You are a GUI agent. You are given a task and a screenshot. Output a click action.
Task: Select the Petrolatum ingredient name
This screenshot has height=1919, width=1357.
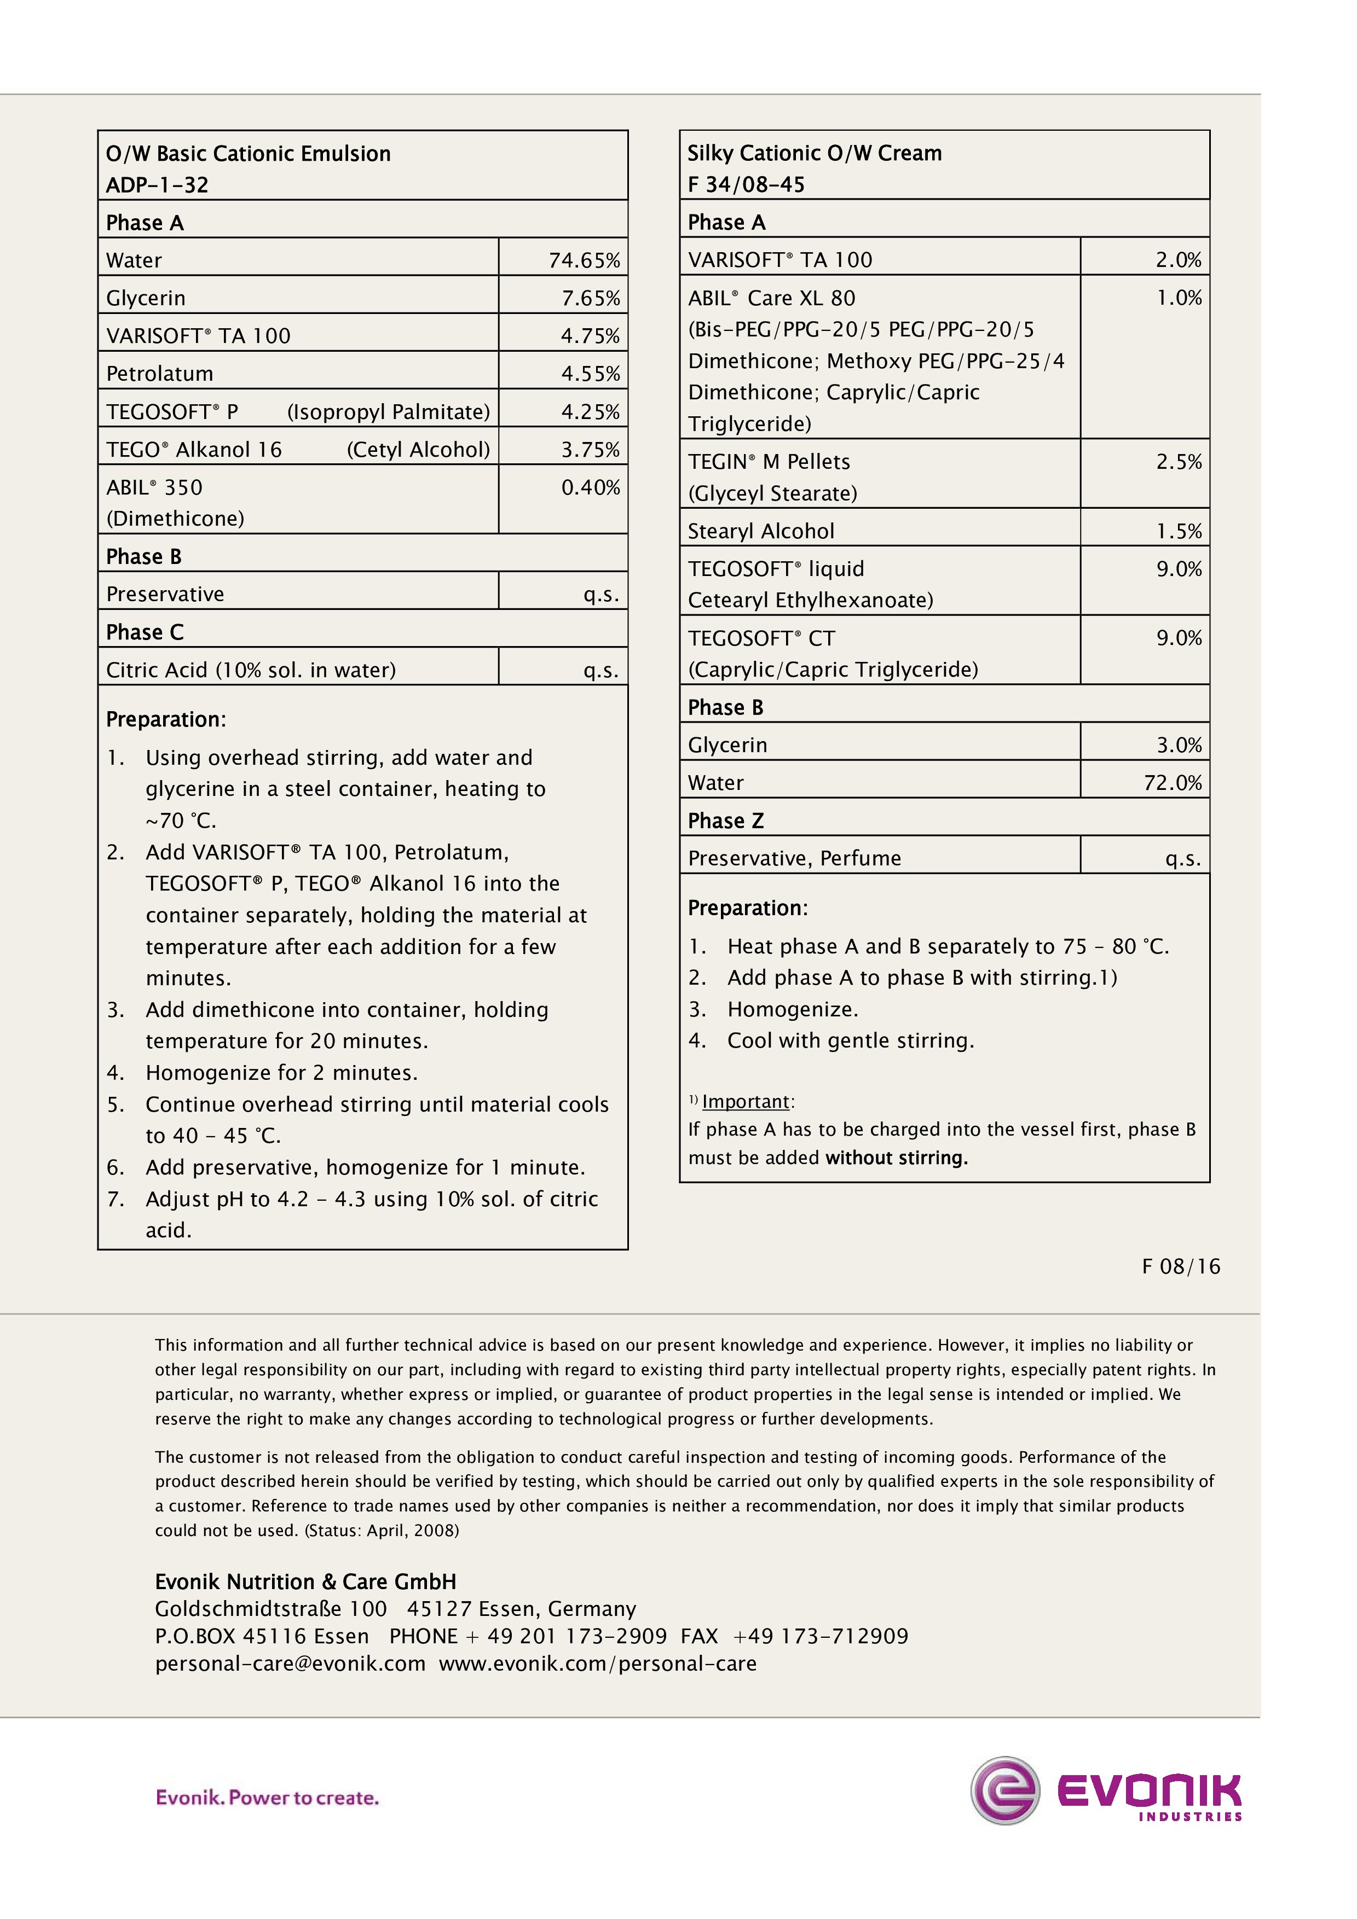coord(160,374)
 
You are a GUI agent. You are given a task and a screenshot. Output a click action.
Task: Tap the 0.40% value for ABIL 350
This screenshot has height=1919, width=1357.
coord(590,487)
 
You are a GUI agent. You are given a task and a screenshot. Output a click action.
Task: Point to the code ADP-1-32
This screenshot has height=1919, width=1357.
coord(157,185)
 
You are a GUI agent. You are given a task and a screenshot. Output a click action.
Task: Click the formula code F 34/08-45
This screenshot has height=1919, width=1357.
coord(746,185)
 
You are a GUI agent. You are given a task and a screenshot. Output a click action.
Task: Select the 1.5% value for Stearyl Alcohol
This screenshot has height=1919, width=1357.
coord(1179,532)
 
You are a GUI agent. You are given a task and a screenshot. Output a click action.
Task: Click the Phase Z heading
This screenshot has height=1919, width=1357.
coord(726,821)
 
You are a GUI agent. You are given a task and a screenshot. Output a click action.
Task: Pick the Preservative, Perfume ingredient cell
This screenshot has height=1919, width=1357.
coord(794,858)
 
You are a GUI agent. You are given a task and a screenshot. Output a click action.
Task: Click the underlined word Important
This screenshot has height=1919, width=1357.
coord(746,1102)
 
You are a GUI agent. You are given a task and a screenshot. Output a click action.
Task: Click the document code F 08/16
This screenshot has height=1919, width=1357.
coord(1181,1266)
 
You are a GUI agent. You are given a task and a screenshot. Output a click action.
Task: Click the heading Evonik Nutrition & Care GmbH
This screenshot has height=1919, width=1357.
coord(306,1581)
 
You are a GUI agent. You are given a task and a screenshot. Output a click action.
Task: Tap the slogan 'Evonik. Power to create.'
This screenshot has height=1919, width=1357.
coord(268,1797)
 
